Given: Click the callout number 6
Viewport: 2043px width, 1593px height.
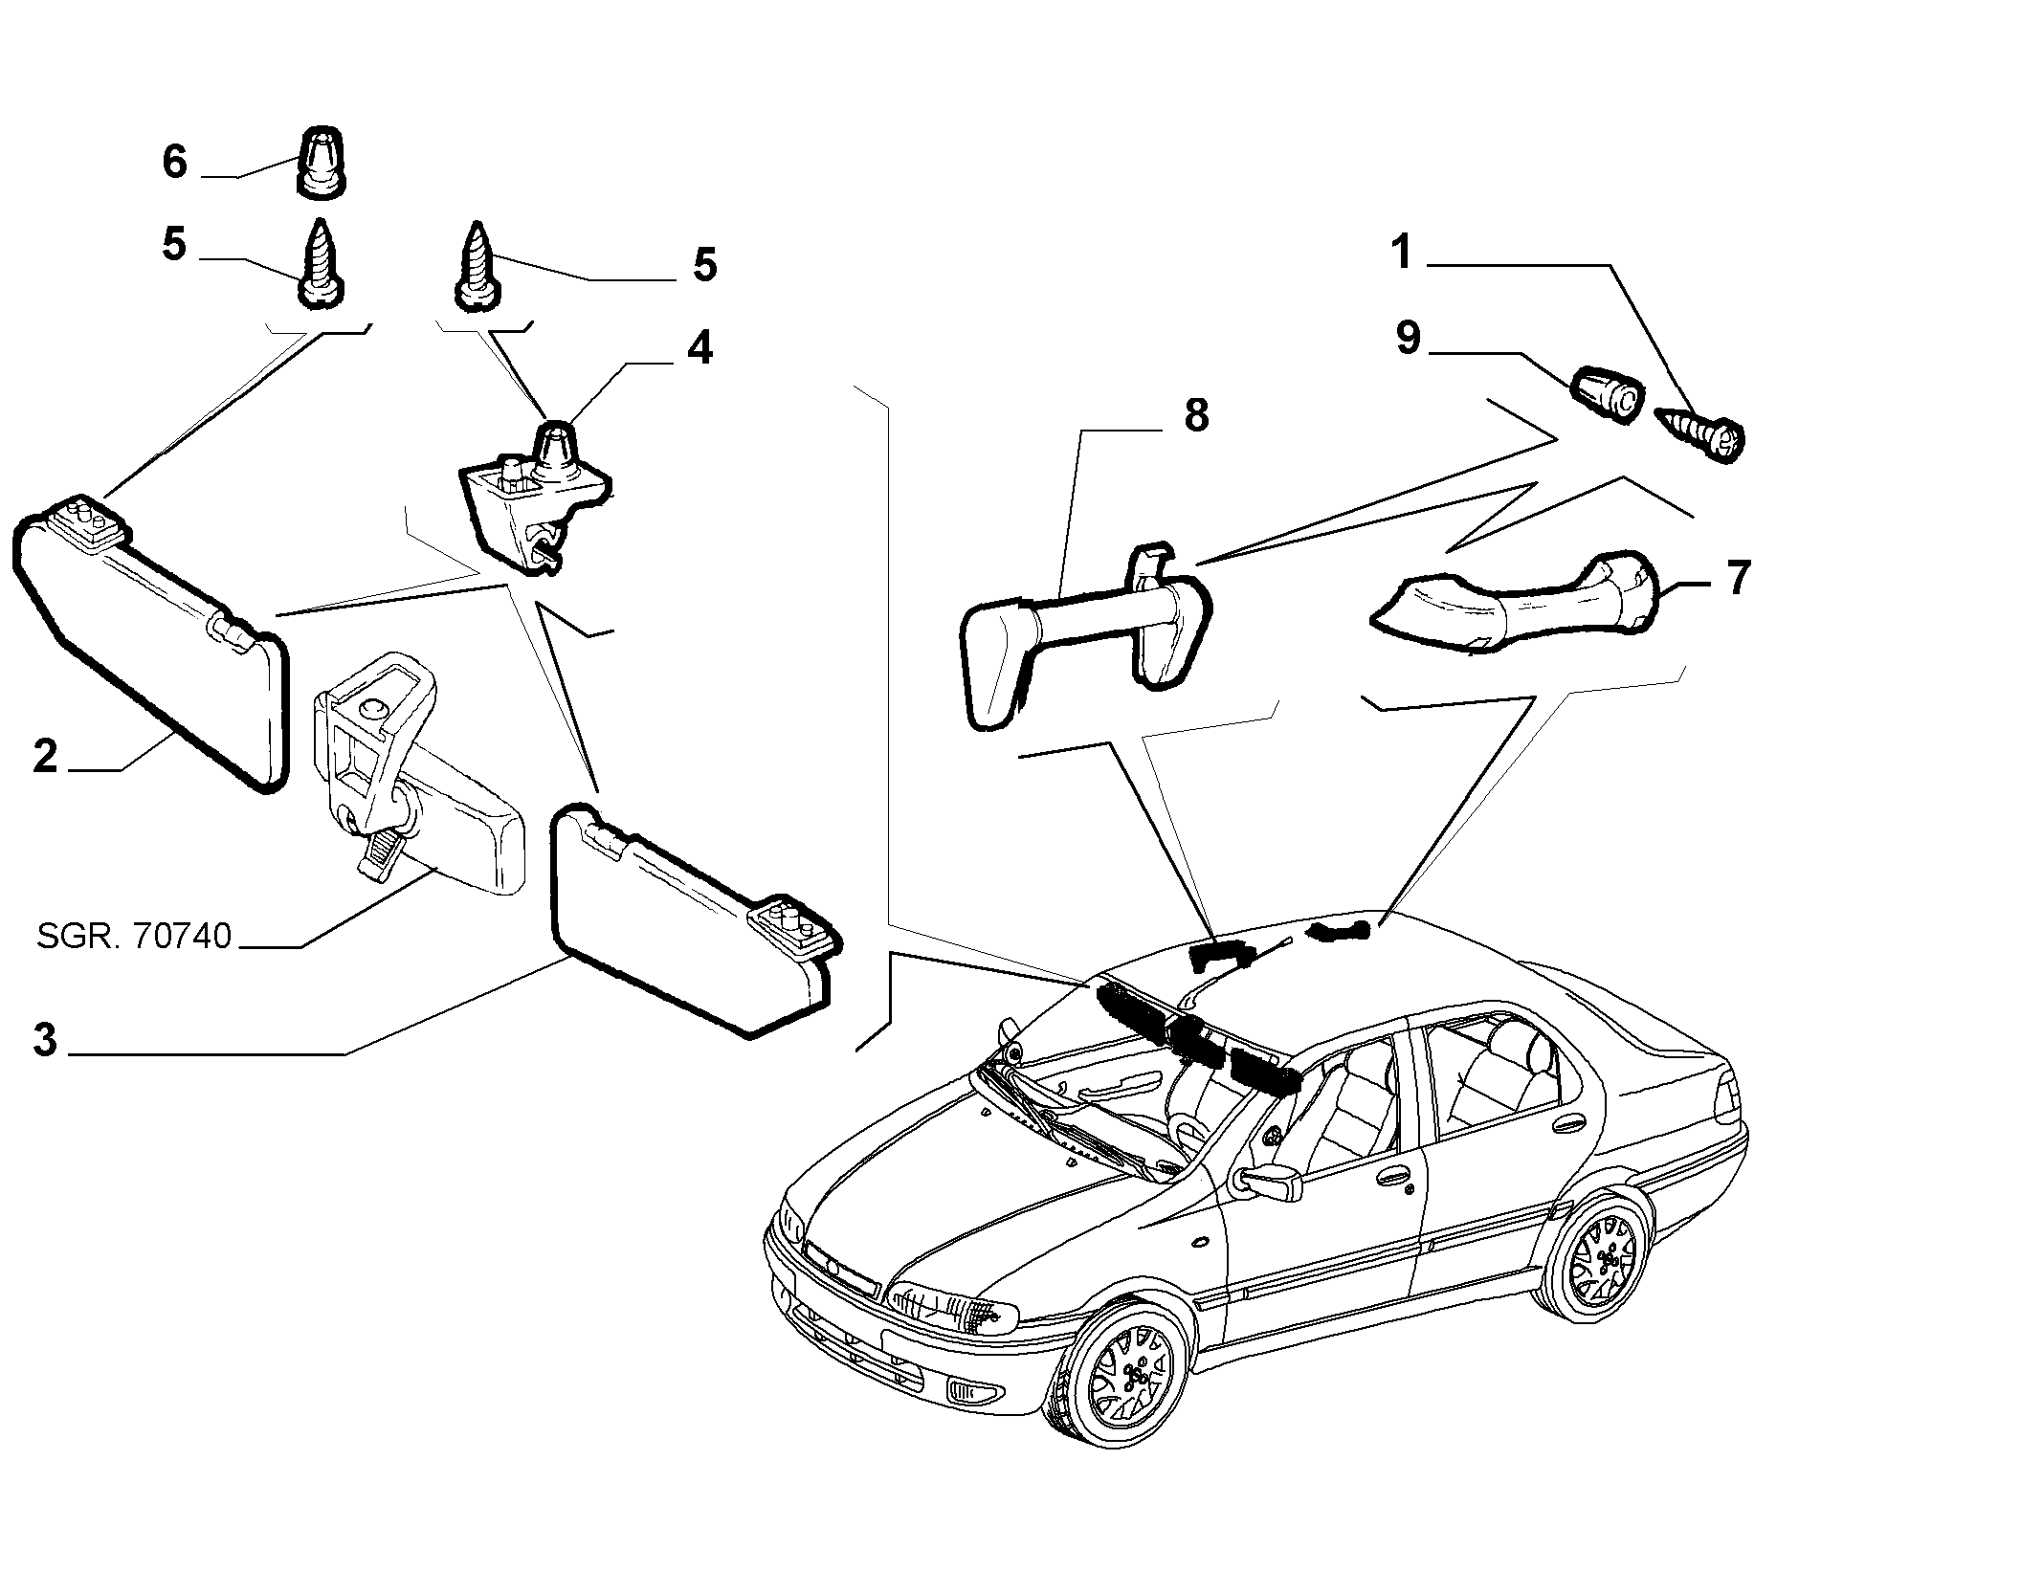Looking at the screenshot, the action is click(x=174, y=162).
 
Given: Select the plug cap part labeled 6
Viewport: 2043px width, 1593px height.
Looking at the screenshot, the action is click(x=322, y=163).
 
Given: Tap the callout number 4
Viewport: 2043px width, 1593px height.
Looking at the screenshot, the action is click(x=700, y=348).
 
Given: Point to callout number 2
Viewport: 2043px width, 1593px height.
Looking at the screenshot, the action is click(x=45, y=757).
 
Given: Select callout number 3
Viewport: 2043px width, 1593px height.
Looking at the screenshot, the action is click(x=45, y=1039).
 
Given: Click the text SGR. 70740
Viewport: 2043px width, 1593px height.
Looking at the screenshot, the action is click(x=134, y=936).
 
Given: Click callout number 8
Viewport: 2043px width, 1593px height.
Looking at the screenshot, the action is click(x=1196, y=415).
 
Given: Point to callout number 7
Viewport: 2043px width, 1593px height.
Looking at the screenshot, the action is click(x=1739, y=578).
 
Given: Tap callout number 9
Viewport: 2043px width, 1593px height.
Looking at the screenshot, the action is click(x=1408, y=338).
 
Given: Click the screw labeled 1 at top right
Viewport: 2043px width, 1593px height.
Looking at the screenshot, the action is click(x=1700, y=436).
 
